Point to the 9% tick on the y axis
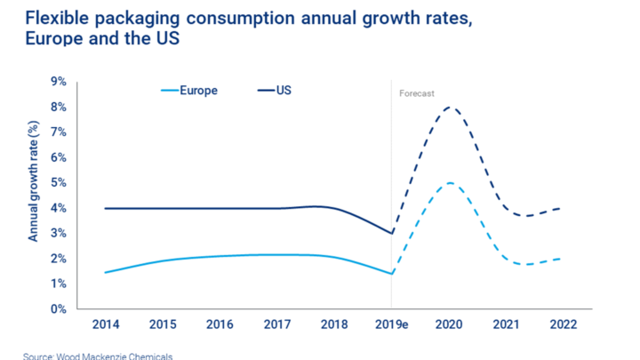(60, 82)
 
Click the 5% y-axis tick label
(60, 183)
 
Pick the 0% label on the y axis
(60, 309)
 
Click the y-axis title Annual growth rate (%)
(33, 196)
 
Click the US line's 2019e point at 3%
(392, 234)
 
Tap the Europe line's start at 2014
(106, 272)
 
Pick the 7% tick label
(60, 132)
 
